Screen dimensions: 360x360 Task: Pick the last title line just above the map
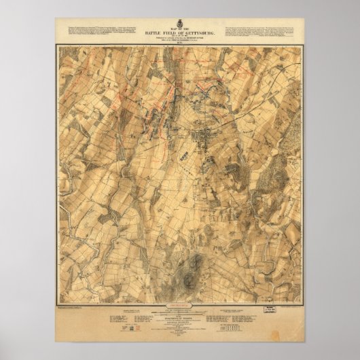[x=179, y=43]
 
